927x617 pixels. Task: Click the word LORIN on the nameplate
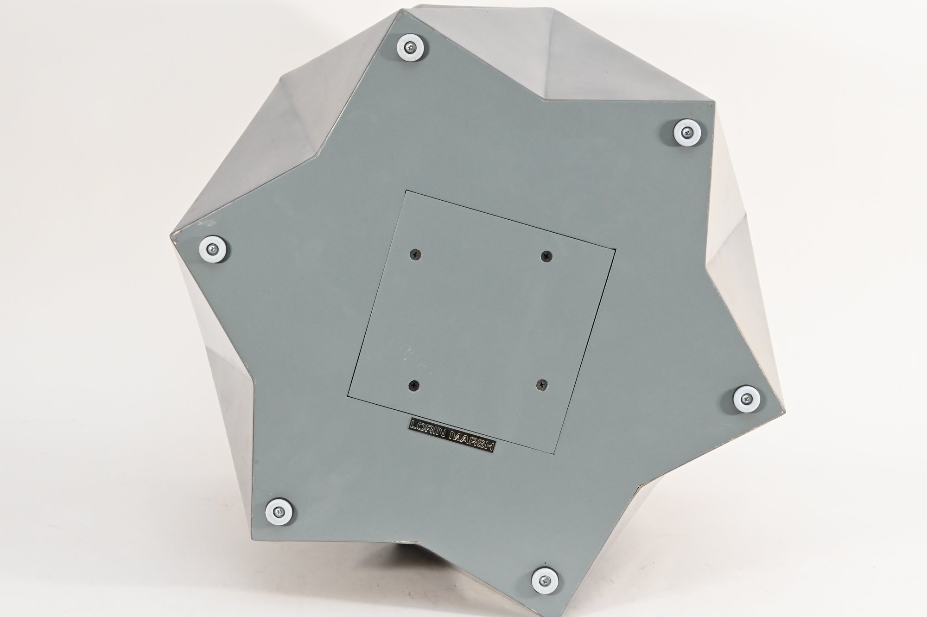(x=429, y=429)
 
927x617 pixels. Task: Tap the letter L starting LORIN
(x=414, y=425)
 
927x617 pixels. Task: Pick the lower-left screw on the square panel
(x=413, y=371)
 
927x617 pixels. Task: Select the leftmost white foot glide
(x=213, y=249)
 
